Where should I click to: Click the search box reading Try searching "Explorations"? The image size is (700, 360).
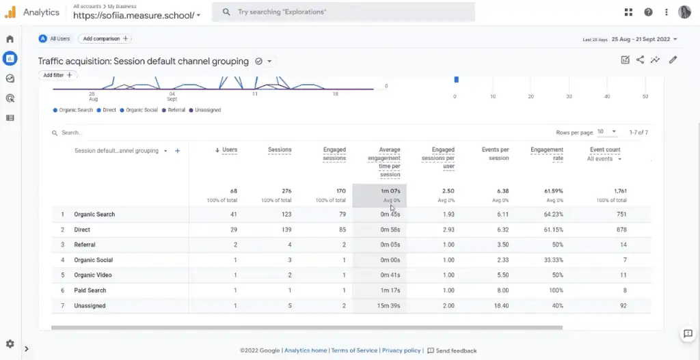[342, 12]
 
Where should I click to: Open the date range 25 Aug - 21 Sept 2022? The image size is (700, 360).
[645, 40]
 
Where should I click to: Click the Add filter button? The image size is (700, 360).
[58, 75]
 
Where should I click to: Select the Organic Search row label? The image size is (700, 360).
[94, 214]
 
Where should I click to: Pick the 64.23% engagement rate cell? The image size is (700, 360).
[550, 214]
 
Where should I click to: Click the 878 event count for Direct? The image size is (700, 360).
[620, 230]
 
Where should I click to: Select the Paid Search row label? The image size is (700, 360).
[90, 290]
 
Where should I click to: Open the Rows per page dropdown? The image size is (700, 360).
[606, 132]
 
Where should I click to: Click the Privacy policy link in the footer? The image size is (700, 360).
[401, 350]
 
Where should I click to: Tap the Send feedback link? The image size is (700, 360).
[452, 350]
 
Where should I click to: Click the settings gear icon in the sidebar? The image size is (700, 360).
[10, 344]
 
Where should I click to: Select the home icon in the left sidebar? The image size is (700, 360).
[10, 39]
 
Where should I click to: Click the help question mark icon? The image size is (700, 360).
[648, 12]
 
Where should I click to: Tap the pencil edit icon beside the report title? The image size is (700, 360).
[673, 60]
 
